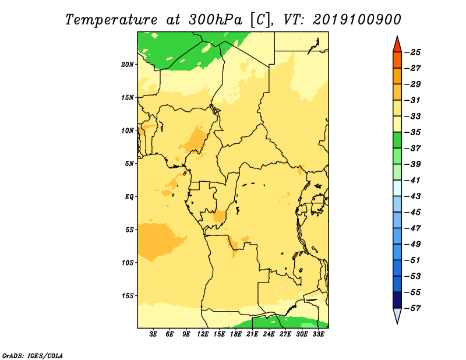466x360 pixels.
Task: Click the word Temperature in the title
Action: tap(111, 20)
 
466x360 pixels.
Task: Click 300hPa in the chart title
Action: tap(215, 20)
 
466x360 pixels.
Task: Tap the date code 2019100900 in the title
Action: tap(357, 20)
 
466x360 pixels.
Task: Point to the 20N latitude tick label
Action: tap(128, 65)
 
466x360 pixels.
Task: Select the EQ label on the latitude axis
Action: tap(129, 197)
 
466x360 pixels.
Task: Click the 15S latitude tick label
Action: tap(128, 296)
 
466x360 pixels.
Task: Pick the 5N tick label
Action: tap(129, 164)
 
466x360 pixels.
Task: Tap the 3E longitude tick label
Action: tap(153, 334)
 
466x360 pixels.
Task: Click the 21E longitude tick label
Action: tap(252, 334)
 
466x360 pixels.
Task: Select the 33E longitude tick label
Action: tap(318, 334)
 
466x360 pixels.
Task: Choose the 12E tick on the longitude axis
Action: tap(203, 334)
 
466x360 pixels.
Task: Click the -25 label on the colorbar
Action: tap(413, 52)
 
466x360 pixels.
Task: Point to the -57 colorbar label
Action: tap(413, 308)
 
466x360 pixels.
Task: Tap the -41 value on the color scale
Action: tap(413, 180)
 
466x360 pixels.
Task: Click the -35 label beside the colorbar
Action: tap(413, 132)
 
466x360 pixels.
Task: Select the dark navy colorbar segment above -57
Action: tap(397, 300)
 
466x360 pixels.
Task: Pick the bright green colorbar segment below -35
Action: tap(397, 140)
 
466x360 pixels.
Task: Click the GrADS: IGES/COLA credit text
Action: tap(33, 355)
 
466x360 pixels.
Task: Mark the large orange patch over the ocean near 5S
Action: tap(157, 241)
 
